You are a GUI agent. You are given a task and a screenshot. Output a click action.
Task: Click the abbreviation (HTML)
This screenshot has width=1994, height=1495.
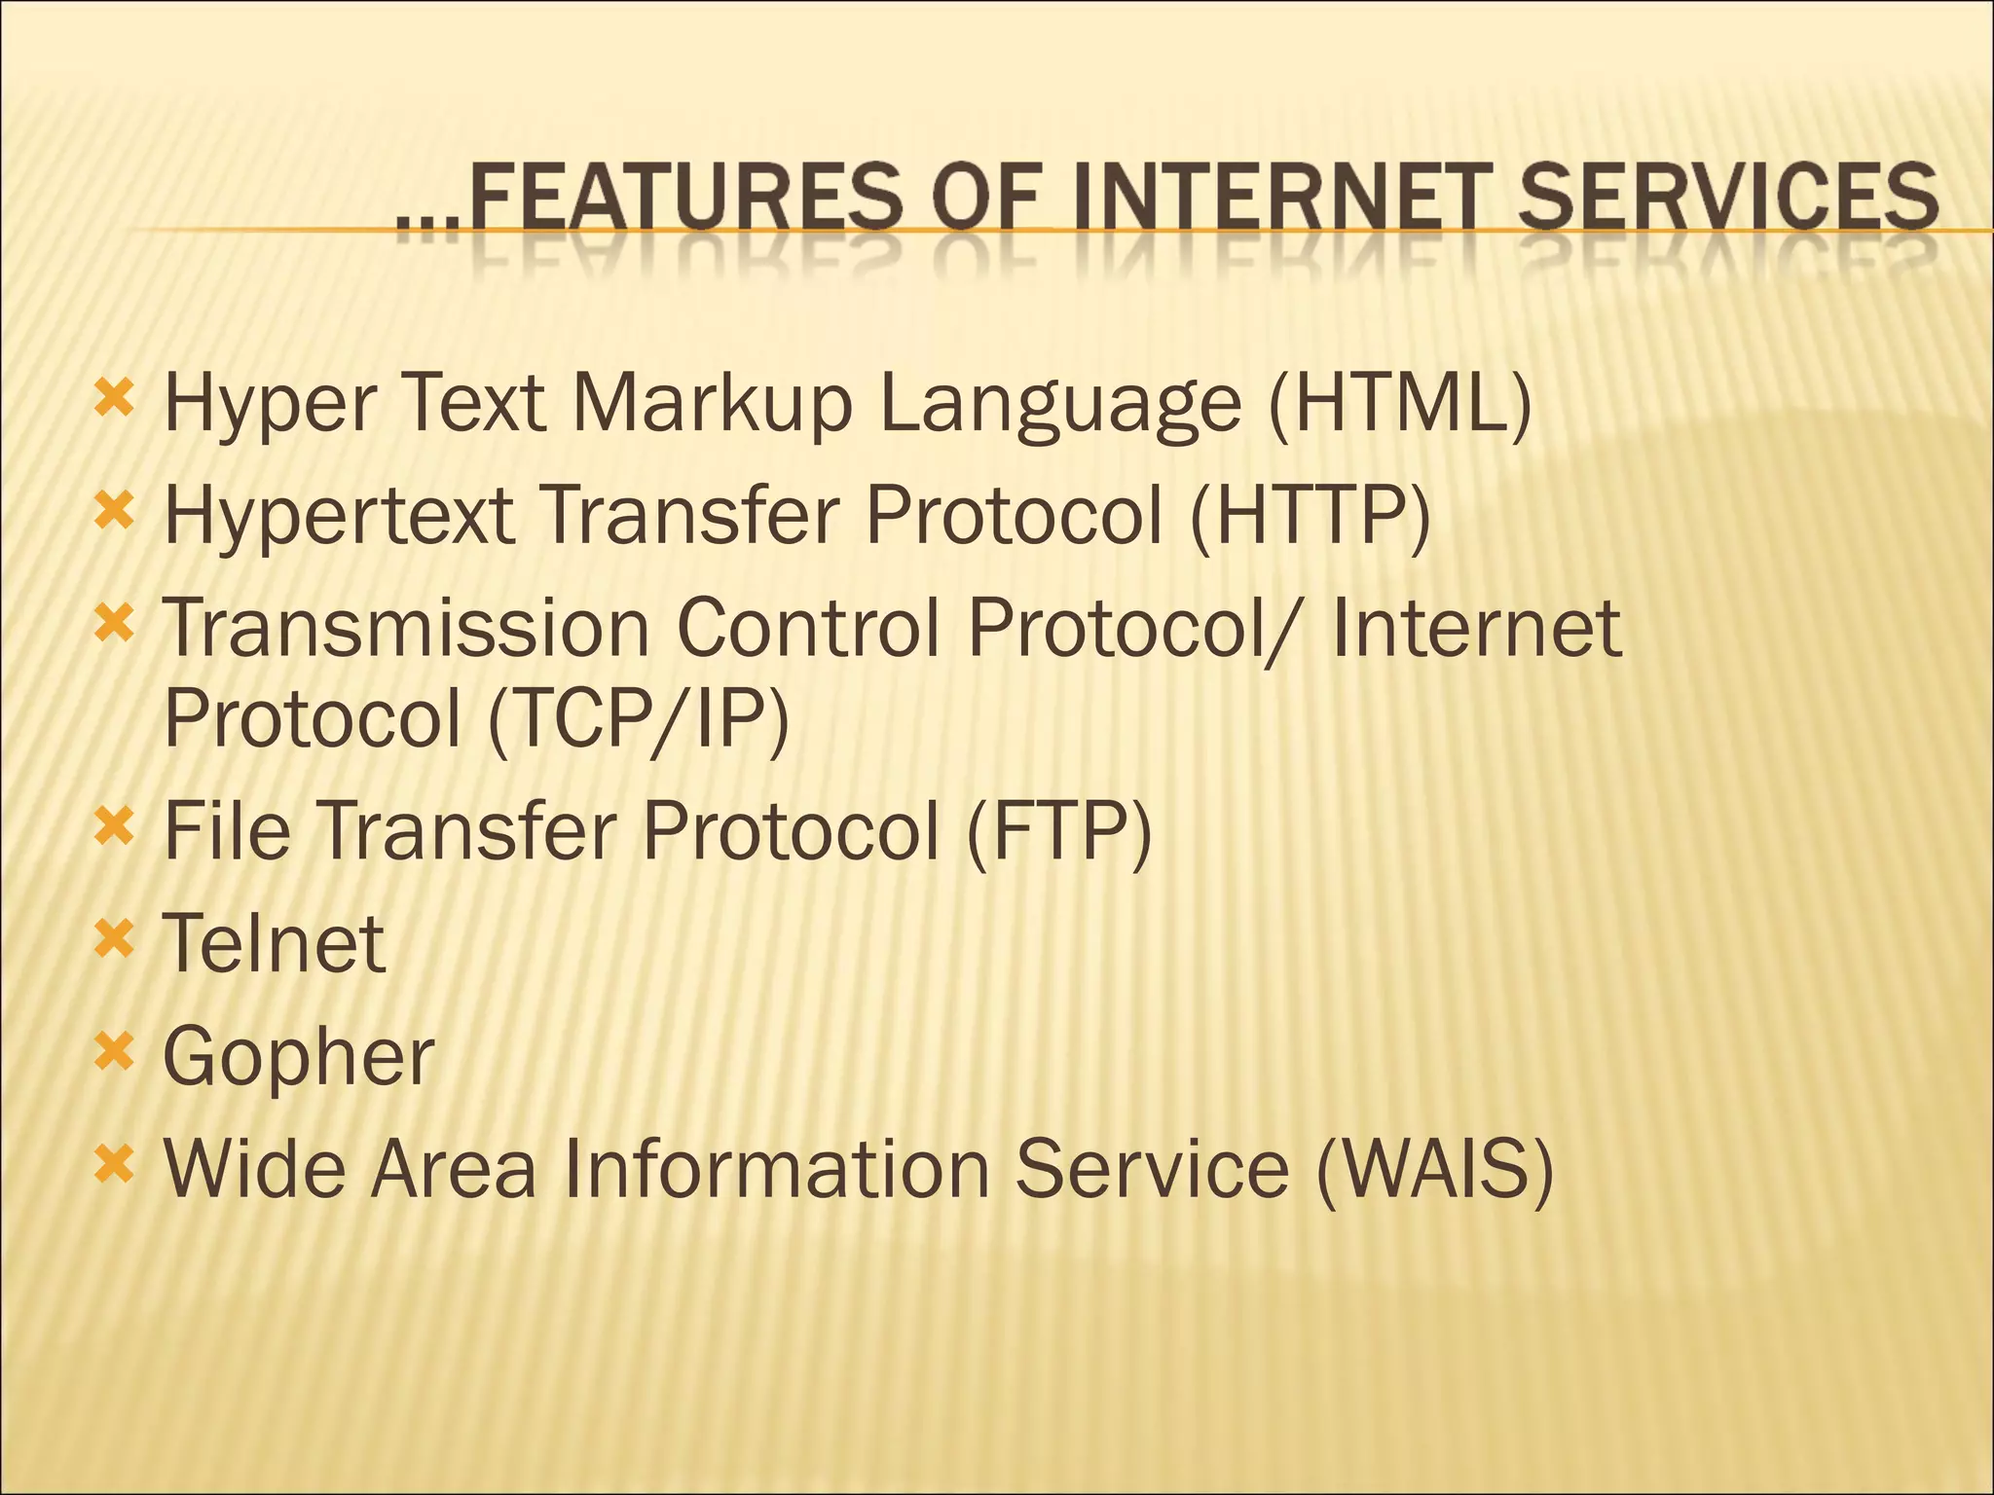pyautogui.click(x=1401, y=404)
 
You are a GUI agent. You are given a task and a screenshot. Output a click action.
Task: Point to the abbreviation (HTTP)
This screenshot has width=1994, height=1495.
pyautogui.click(x=1310, y=516)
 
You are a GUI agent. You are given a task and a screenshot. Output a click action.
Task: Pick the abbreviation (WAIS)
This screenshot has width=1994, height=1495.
pyautogui.click(x=1433, y=1168)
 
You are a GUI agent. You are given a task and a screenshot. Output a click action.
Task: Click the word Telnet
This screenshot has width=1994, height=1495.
pyautogui.click(x=274, y=943)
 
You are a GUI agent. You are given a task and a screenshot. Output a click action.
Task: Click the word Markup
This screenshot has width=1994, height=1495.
pyautogui.click(x=712, y=404)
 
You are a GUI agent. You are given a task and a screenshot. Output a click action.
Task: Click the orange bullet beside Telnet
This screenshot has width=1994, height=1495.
pyautogui.click(x=114, y=940)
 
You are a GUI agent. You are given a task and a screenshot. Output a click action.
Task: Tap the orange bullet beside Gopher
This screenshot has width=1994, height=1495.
pyautogui.click(x=114, y=1052)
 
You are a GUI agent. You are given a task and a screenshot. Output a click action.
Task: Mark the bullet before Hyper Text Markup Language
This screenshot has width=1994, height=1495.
pyautogui.click(x=114, y=398)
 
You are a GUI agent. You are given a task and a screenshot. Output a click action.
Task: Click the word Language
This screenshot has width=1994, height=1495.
pyautogui.click(x=1060, y=404)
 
